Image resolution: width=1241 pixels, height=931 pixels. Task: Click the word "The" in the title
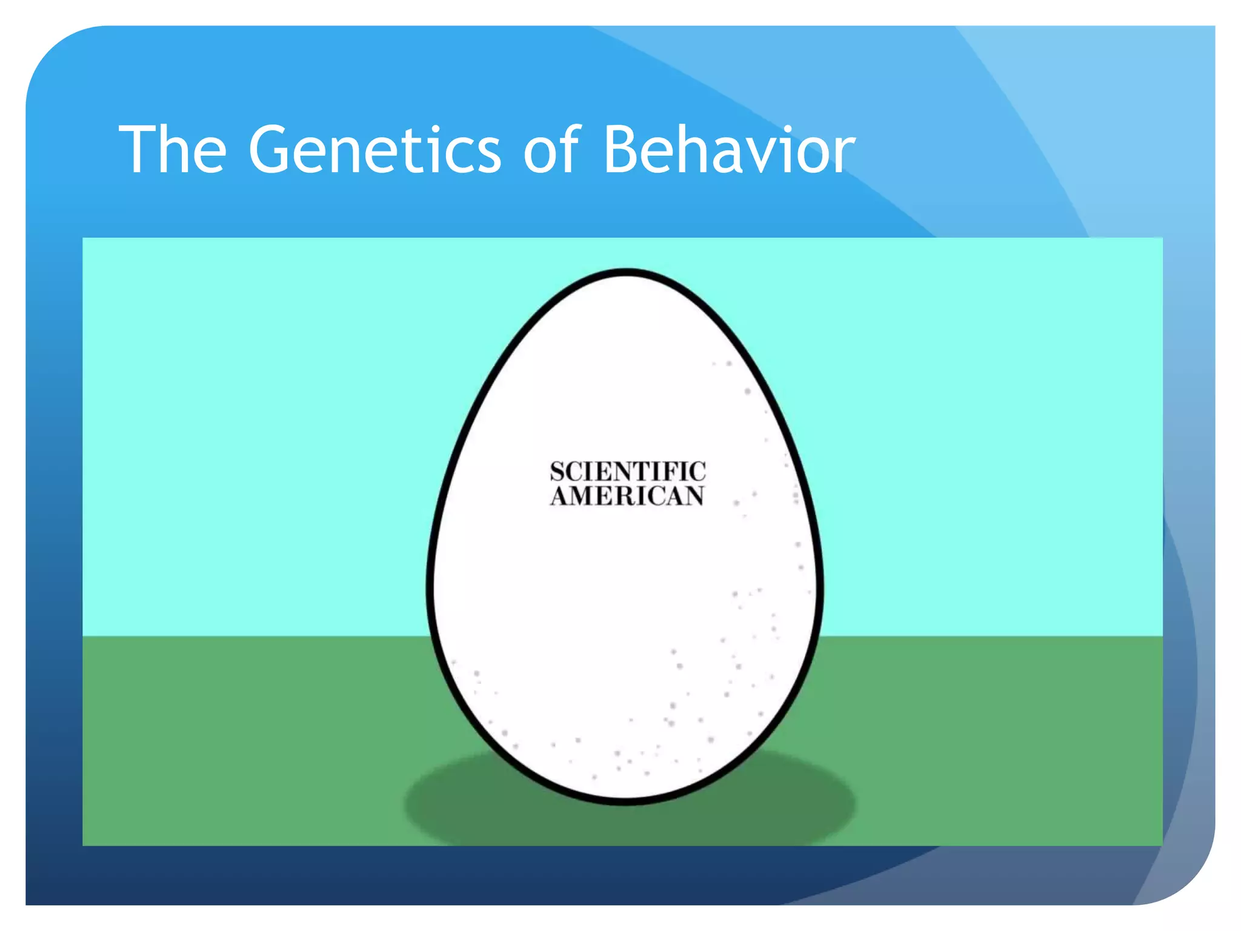coord(173,150)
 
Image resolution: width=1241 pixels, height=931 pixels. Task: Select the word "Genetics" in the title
coord(374,150)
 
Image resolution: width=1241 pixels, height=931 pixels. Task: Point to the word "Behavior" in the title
coord(729,150)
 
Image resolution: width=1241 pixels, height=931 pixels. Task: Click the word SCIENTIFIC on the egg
coord(628,472)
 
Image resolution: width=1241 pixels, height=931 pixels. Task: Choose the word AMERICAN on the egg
coord(628,496)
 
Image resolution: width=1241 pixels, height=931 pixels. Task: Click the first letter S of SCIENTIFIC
coord(557,472)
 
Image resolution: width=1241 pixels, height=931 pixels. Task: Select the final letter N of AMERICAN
coord(694,496)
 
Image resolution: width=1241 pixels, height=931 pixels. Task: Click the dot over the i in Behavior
coord(792,129)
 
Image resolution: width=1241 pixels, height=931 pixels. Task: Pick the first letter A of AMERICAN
coord(559,496)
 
